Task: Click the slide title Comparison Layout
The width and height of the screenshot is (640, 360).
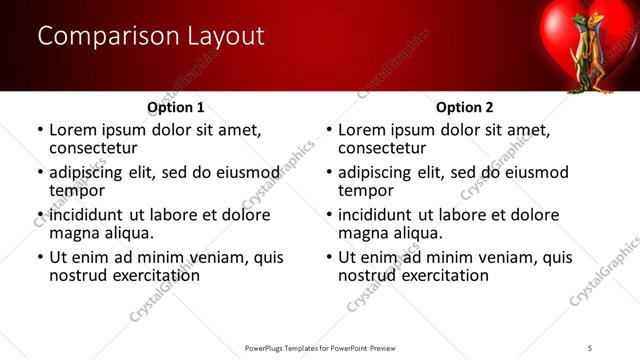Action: coord(151,37)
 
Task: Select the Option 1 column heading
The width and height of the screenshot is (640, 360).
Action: coord(176,107)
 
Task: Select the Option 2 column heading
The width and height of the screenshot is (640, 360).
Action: coord(465,107)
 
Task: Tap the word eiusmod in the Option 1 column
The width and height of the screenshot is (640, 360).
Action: coord(245,172)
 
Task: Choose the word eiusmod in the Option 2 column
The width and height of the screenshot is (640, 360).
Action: coord(534,172)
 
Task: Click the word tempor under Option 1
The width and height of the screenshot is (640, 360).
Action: coord(77,191)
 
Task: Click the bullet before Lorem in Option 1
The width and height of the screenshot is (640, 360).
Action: coord(40,130)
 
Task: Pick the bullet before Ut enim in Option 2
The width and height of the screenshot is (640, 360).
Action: coord(329,257)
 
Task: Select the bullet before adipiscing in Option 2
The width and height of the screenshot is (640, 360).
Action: coord(329,172)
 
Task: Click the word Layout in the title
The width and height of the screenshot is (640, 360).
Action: coord(227,37)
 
